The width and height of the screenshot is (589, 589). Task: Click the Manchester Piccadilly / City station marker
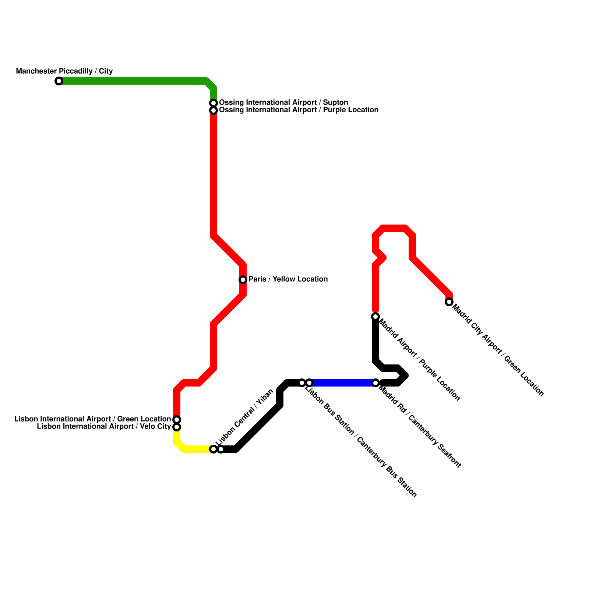(59, 81)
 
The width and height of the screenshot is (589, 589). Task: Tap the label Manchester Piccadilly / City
(64, 71)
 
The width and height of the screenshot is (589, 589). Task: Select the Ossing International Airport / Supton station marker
(214, 103)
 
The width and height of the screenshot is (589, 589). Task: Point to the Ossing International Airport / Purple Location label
(299, 110)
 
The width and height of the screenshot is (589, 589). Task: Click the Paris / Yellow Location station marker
(243, 280)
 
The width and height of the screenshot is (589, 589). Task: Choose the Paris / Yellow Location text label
(288, 279)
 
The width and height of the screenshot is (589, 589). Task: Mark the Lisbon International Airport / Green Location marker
(177, 420)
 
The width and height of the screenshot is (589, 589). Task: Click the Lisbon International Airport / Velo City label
(104, 427)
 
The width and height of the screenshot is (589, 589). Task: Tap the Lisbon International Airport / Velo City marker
(177, 427)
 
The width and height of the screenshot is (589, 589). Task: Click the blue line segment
(342, 383)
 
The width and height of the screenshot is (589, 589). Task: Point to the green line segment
(133, 81)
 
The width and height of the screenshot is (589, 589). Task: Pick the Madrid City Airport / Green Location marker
(449, 302)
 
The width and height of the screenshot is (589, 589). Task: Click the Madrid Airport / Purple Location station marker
(375, 317)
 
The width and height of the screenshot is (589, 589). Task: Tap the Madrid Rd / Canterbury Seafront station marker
(375, 383)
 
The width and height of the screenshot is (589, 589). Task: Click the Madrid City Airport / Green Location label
(498, 350)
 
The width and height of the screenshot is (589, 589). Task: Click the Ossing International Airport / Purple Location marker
(214, 110)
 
